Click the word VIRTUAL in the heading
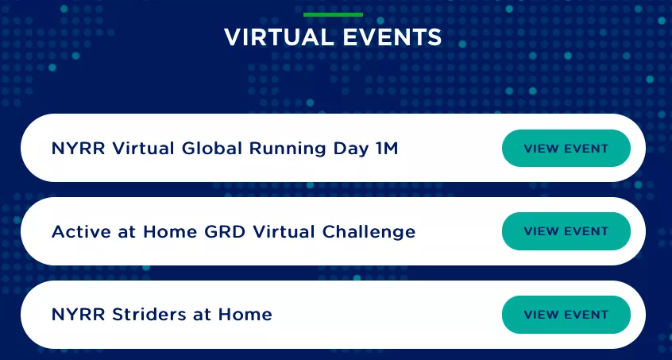pos(279,37)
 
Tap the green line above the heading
pos(333,14)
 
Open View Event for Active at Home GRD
pos(566,231)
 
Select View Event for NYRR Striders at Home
pos(566,315)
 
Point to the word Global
pos(212,149)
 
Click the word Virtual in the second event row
pos(284,232)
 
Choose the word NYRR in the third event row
pos(79,315)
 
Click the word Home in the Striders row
pos(245,315)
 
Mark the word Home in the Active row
pos(170,232)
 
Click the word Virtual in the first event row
pos(143,149)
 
